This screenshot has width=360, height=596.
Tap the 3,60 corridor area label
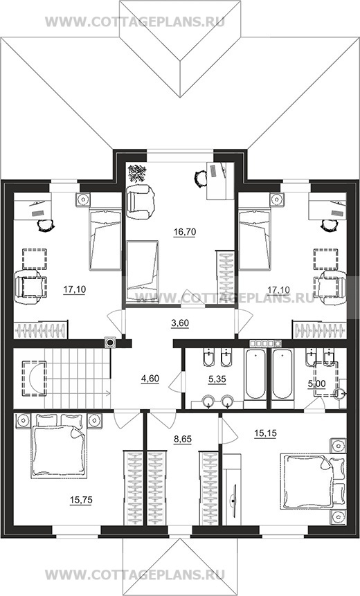click(x=180, y=323)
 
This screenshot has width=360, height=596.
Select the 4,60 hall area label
click(x=150, y=379)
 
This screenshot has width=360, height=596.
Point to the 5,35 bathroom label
click(x=217, y=379)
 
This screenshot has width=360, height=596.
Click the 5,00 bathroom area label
click(x=316, y=384)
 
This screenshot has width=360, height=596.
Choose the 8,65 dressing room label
click(x=183, y=439)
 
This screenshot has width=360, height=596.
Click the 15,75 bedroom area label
click(x=81, y=500)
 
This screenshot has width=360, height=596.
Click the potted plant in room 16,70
click(x=136, y=173)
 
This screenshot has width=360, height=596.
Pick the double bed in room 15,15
click(x=313, y=480)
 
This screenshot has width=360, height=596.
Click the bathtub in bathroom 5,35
click(x=255, y=374)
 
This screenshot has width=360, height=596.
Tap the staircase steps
click(x=77, y=379)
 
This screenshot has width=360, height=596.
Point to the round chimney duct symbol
click(x=110, y=343)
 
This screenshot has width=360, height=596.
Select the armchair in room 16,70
click(x=141, y=201)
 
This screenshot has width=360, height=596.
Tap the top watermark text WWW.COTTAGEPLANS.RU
click(x=135, y=21)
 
